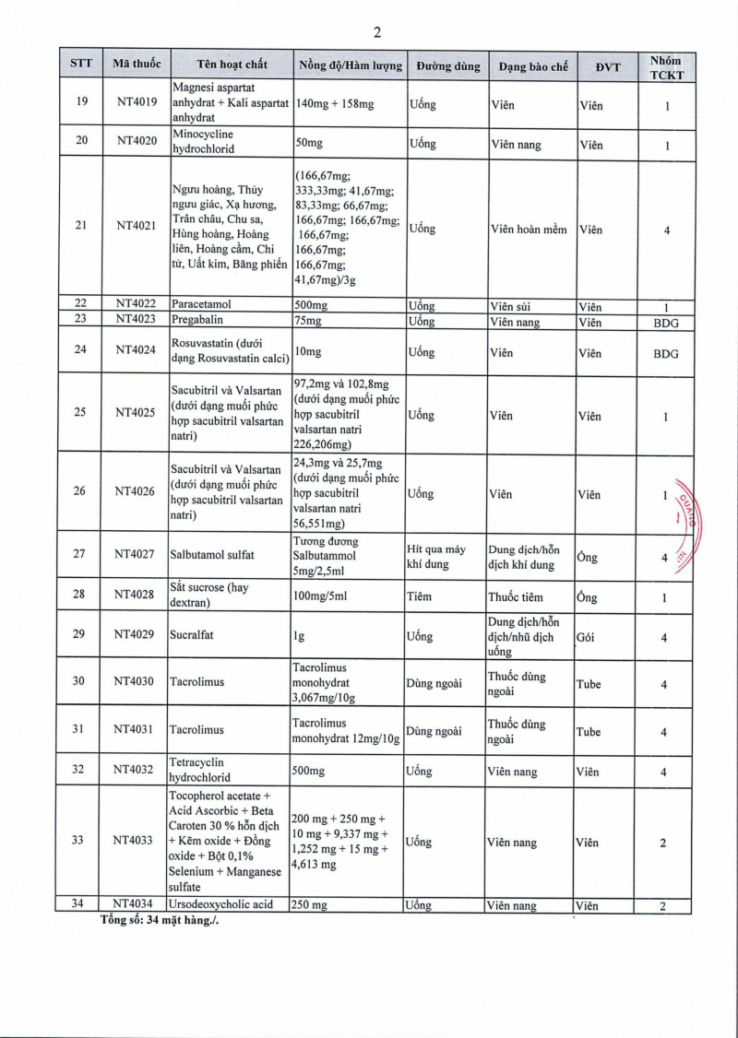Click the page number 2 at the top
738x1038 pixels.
click(376, 32)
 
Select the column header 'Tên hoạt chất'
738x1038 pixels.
click(232, 65)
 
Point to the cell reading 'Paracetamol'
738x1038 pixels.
click(200, 305)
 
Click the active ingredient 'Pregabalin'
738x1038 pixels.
click(197, 322)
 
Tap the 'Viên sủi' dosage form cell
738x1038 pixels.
click(510, 306)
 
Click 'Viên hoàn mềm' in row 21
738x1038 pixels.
click(529, 229)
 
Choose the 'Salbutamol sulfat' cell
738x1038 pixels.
click(211, 555)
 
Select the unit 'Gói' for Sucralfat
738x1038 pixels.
click(585, 637)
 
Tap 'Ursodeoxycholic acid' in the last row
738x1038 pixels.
click(221, 905)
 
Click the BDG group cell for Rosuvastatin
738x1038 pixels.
click(665, 353)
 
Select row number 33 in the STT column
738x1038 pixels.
click(81, 840)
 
